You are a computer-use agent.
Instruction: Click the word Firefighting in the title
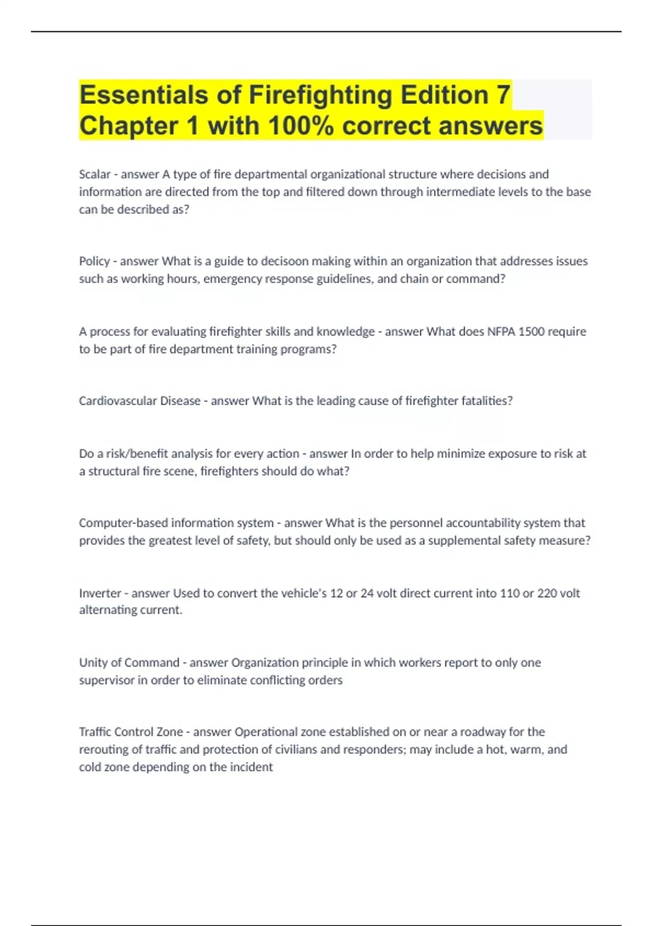[321, 95]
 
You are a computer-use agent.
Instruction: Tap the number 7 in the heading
[503, 95]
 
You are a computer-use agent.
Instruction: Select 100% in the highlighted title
[300, 126]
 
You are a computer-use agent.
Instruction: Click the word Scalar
[95, 174]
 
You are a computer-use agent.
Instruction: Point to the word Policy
[94, 261]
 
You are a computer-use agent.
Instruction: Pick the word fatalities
[486, 401]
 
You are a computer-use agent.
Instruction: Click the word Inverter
[100, 593]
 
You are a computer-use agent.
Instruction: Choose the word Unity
[93, 663]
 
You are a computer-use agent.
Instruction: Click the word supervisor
[106, 680]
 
